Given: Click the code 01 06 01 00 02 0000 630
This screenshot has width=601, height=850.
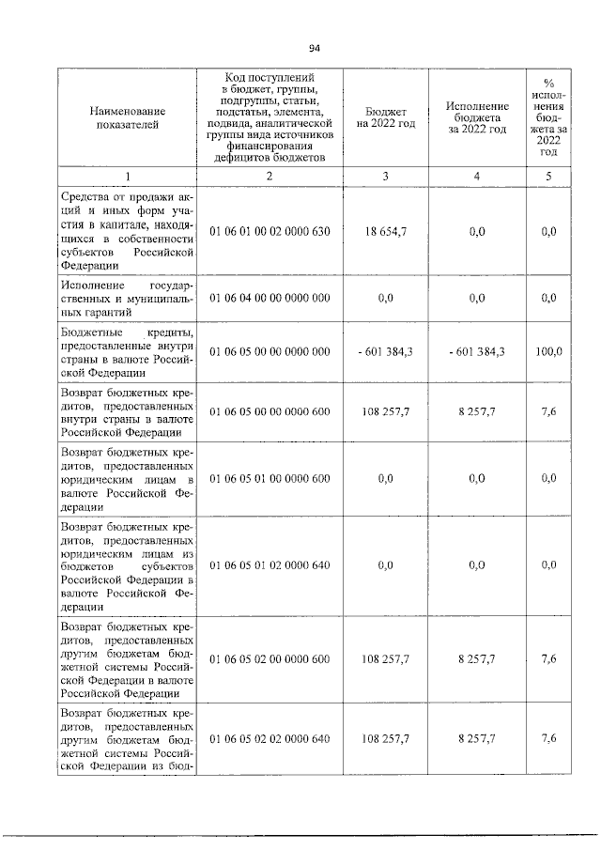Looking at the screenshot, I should (x=270, y=231).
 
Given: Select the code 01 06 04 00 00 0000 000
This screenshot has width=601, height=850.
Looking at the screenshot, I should (x=270, y=298).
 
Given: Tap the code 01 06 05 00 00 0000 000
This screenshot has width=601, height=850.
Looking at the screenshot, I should (x=270, y=351).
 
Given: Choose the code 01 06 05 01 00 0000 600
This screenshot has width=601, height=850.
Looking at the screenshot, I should (x=270, y=478).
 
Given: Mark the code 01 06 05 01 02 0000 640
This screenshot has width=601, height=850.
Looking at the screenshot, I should (x=270, y=565).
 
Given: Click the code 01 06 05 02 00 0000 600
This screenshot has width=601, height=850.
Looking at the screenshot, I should (x=270, y=659).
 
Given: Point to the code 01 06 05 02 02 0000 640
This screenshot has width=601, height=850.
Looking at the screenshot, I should (x=270, y=739).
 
